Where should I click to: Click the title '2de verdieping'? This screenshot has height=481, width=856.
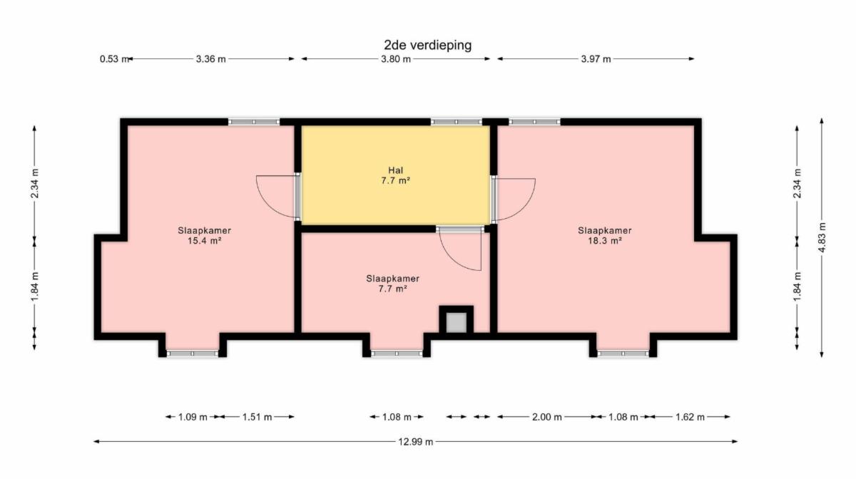click(427, 45)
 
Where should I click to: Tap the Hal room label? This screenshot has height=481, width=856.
click(395, 170)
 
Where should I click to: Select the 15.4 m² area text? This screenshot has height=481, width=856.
click(205, 241)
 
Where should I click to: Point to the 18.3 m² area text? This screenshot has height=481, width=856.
click(605, 241)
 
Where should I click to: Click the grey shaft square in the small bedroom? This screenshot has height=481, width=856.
click(457, 323)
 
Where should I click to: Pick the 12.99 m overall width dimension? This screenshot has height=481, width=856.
click(416, 442)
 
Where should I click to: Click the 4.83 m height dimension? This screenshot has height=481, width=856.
click(822, 237)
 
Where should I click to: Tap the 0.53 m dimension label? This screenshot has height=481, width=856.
click(114, 59)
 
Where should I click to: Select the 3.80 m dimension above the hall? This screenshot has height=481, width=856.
click(395, 59)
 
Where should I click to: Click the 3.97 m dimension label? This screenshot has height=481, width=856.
click(596, 59)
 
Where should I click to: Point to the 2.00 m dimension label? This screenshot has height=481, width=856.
click(547, 417)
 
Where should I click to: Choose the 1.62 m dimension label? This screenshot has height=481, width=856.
click(690, 417)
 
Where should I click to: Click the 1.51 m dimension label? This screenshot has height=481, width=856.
click(257, 417)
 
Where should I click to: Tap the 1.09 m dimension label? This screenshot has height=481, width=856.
click(193, 417)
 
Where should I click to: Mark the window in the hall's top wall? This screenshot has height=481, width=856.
click(457, 122)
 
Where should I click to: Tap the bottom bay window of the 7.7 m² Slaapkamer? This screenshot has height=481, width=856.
click(397, 354)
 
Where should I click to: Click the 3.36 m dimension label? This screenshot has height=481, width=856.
click(210, 59)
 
